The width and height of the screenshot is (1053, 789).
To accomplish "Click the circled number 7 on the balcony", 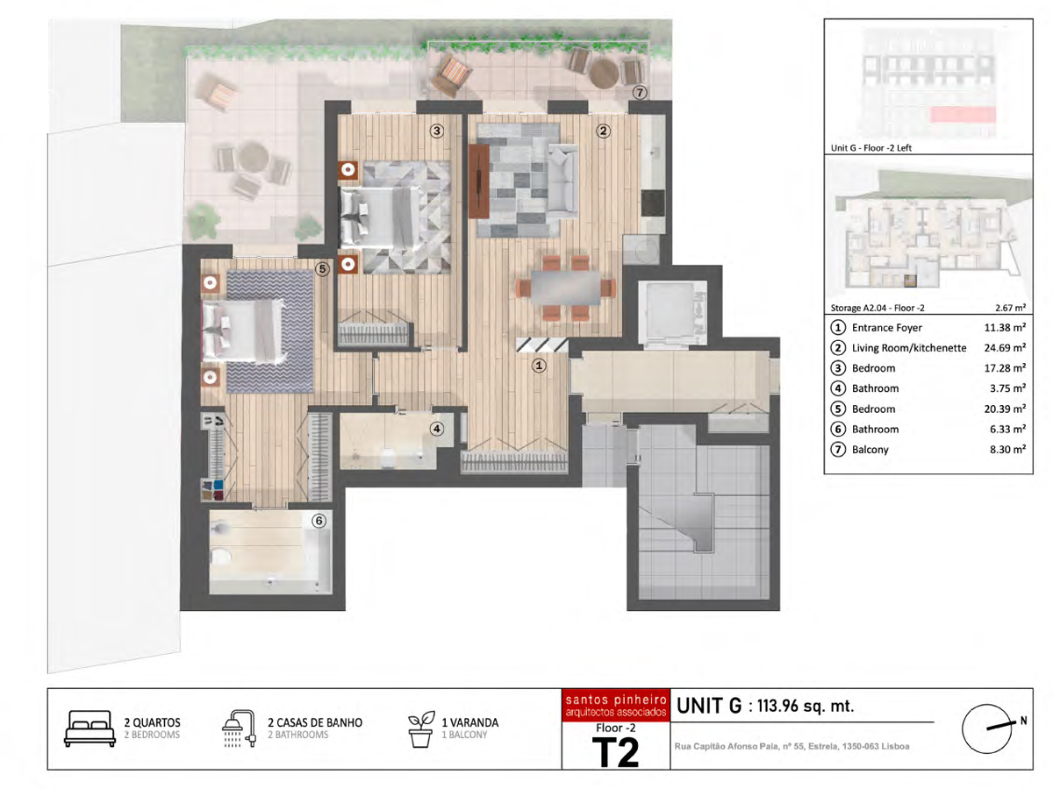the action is (x=640, y=92).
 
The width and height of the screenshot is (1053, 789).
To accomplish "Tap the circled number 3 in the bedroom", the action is (x=436, y=131).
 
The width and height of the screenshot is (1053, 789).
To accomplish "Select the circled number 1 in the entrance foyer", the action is (x=539, y=366).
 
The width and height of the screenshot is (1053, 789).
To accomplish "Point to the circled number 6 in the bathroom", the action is (x=319, y=521).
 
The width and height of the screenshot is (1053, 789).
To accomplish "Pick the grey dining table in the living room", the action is (x=566, y=288).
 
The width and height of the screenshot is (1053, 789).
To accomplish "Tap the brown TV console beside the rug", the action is (x=479, y=181).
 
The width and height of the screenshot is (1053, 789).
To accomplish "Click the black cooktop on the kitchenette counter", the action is (x=653, y=203).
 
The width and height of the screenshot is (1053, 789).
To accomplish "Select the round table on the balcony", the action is (x=604, y=73).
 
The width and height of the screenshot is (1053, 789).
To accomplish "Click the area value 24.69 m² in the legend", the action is (x=1005, y=348).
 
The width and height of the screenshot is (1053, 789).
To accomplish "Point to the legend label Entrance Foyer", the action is (x=887, y=328).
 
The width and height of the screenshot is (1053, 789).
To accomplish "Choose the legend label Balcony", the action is (x=870, y=450).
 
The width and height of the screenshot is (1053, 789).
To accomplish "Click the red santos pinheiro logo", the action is (x=616, y=705).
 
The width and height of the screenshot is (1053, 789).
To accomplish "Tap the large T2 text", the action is (x=616, y=752).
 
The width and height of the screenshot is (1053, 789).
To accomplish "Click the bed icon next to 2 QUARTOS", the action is (x=90, y=729).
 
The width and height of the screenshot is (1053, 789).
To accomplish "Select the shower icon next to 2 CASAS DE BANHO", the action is (x=240, y=729).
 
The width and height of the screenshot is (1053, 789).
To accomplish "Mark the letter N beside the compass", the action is (x=1023, y=721).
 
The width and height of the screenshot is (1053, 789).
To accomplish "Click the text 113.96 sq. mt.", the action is (x=806, y=706).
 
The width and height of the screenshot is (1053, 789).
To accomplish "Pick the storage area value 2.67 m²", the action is (x=1010, y=308).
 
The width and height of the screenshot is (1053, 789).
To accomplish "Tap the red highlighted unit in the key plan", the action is (x=963, y=115).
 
